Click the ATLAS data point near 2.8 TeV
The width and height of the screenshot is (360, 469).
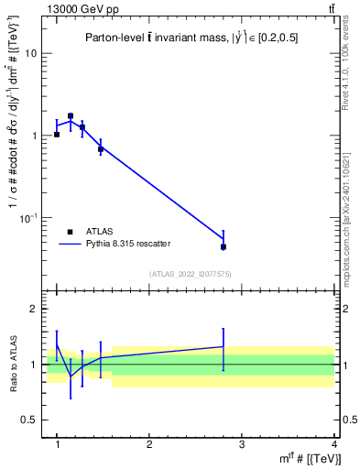[223, 246]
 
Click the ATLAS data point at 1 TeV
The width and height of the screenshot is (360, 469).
[57, 134]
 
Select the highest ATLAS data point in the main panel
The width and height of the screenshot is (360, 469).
[71, 116]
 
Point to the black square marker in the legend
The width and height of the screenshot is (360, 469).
[71, 232]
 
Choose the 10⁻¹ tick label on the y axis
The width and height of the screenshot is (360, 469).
[31, 217]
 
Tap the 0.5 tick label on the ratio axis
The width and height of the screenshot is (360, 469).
[34, 420]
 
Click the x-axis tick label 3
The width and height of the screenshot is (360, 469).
[241, 445]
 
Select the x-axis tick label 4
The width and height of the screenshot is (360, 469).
[333, 445]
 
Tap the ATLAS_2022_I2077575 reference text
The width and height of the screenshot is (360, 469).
[190, 274]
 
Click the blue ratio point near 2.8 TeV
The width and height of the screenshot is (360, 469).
[223, 347]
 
